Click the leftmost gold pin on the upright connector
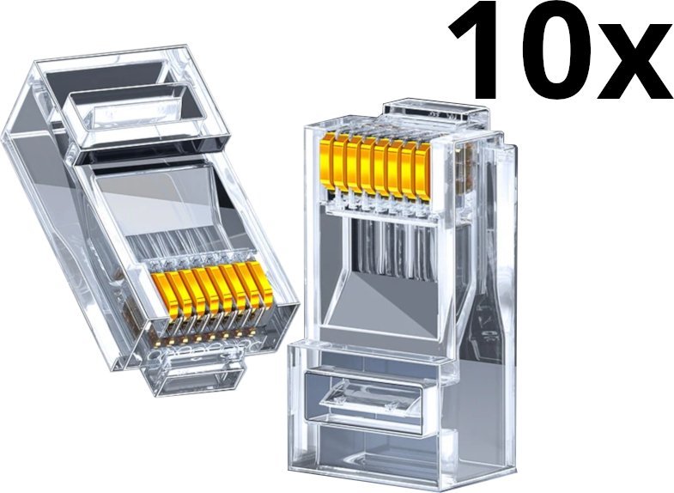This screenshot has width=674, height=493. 328,161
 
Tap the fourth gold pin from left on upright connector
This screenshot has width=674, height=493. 368,166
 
